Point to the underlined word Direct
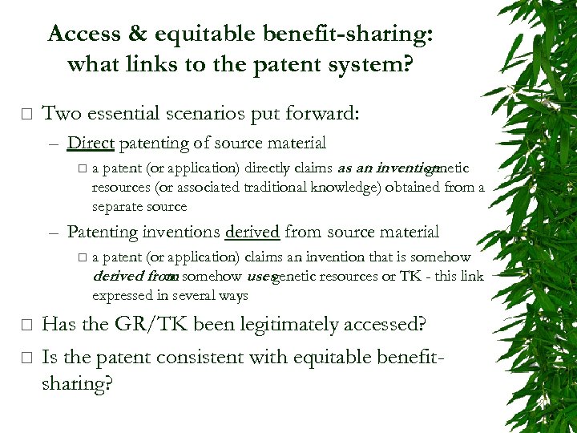91,143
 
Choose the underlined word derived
252,232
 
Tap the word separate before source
118,206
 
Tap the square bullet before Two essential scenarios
26,114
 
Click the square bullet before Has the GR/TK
26,326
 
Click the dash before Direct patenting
53,144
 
